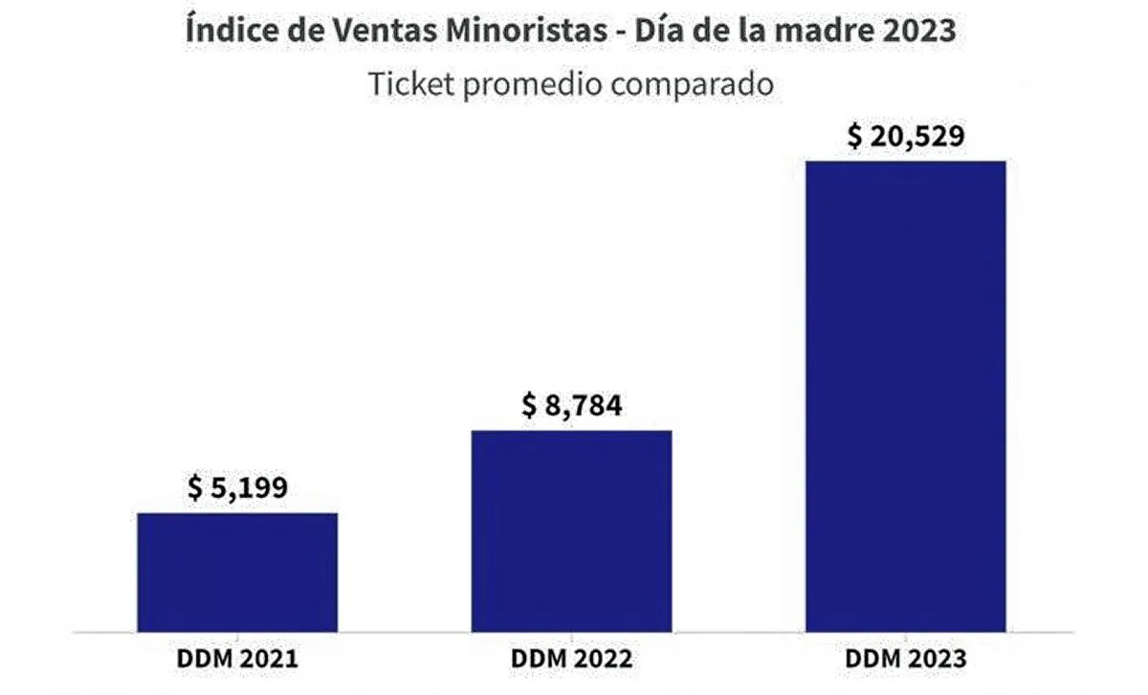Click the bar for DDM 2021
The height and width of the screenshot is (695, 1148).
tap(237, 572)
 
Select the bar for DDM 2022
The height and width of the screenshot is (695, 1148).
tap(572, 531)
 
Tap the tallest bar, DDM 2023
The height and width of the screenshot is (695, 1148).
tap(905, 396)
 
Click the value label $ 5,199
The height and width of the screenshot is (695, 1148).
tap(237, 489)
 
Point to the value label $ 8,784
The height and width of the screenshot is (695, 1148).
tap(572, 406)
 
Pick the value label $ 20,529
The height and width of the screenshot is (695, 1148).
tap(905, 136)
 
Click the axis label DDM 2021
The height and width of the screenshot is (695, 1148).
tap(237, 660)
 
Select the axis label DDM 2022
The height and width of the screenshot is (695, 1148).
tap(572, 660)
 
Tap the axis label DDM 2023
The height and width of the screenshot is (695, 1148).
tap(905, 660)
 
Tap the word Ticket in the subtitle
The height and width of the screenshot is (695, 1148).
tap(410, 84)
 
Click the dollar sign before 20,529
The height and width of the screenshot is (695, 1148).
tap(854, 136)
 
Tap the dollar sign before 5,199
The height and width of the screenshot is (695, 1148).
tap(195, 489)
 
